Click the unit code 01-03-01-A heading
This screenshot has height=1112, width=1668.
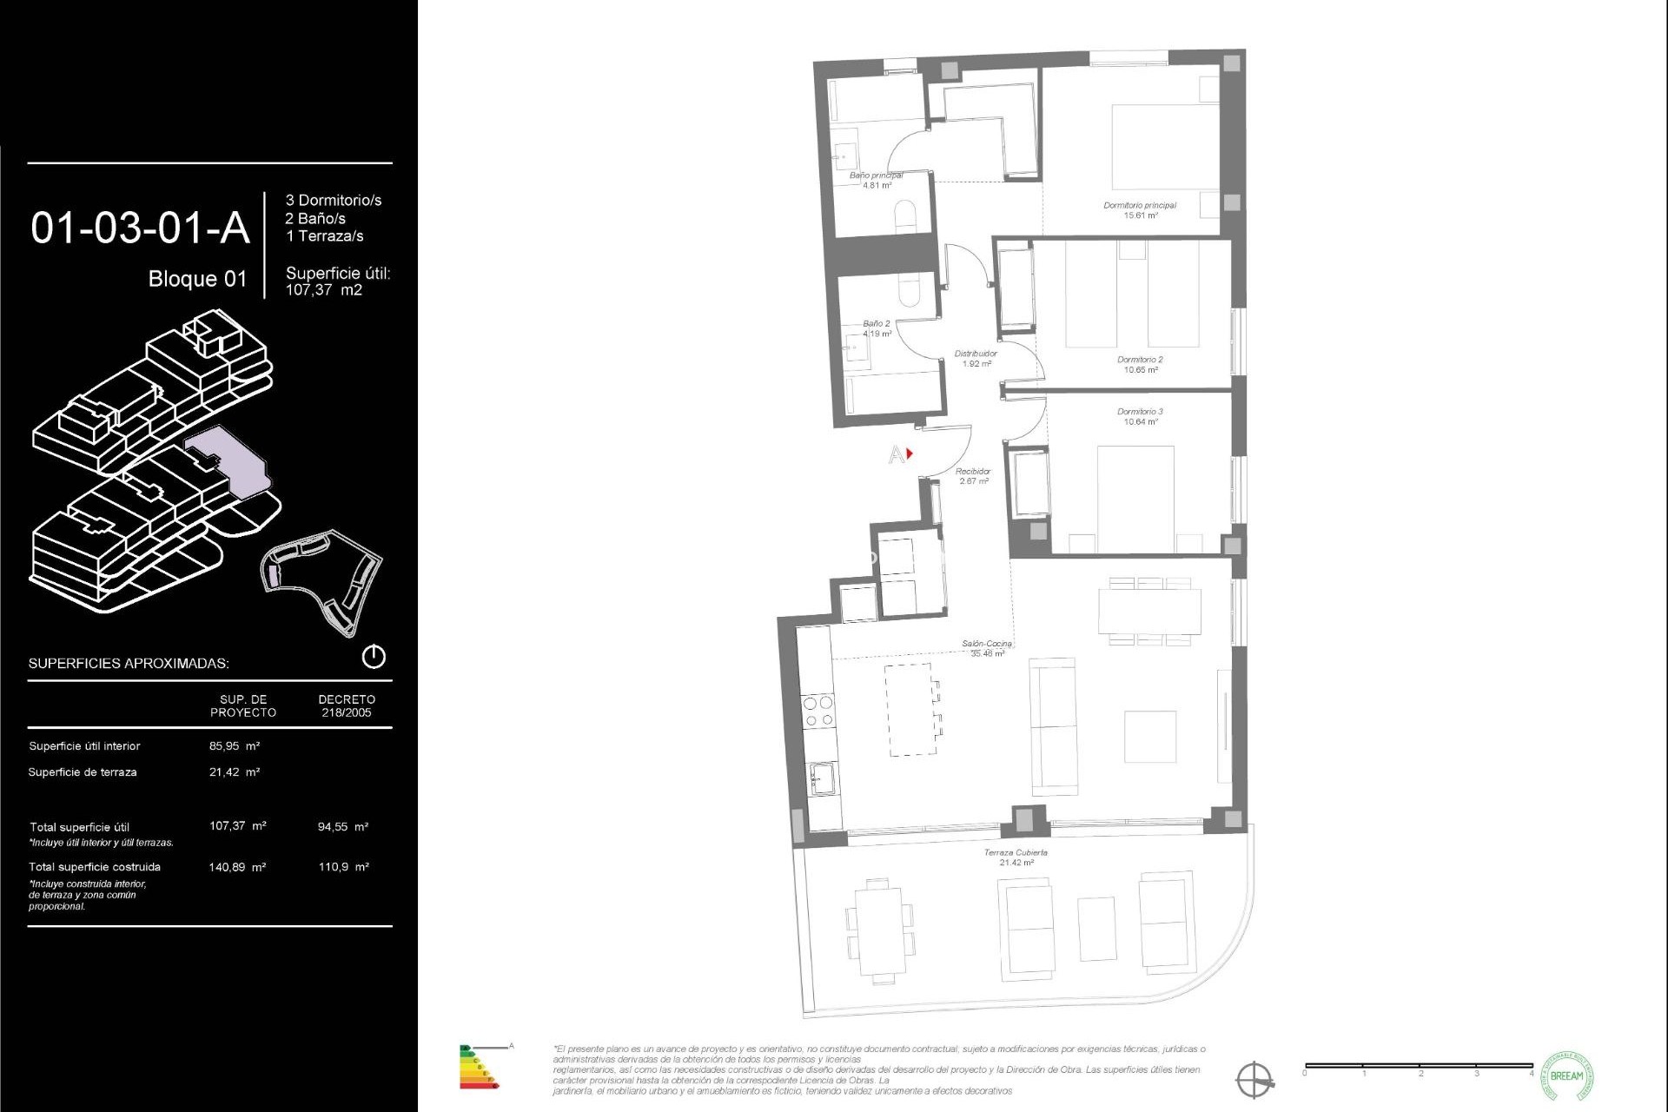[x=140, y=228]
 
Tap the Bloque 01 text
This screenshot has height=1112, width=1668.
[x=197, y=279]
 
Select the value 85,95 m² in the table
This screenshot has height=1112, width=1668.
[x=235, y=746]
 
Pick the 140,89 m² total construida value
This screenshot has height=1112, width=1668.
[x=237, y=867]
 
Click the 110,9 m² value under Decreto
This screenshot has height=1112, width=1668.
[x=343, y=867]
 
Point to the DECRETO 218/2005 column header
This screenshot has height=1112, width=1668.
[x=346, y=705]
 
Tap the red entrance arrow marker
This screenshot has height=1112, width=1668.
[x=910, y=453]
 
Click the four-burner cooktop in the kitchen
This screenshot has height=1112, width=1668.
[x=818, y=711]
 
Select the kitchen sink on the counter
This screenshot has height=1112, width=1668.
[x=823, y=778]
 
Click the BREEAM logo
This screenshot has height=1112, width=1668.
[x=1566, y=1076]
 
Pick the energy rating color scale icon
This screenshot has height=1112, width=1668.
[x=479, y=1067]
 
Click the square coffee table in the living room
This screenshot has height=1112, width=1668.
[x=1149, y=736]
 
